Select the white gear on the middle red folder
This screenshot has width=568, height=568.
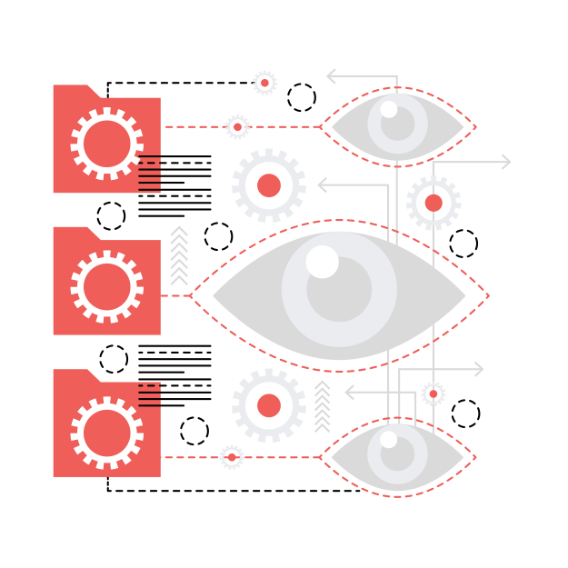tap(107, 286)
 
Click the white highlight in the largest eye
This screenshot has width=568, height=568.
tap(322, 262)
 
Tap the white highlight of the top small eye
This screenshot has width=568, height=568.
tap(389, 110)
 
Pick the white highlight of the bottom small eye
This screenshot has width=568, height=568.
tap(389, 440)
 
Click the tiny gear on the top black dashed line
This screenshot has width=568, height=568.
tap(264, 83)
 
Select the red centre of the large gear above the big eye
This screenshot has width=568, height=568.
tap(269, 185)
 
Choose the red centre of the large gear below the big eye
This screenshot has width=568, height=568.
tap(269, 405)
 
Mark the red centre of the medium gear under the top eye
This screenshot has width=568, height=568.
tap(433, 203)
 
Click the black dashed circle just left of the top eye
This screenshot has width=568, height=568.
tap(302, 97)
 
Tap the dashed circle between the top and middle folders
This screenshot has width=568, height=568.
tap(111, 216)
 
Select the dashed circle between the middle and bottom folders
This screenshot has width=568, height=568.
tap(114, 359)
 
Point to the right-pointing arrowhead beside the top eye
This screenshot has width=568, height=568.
tap(505, 162)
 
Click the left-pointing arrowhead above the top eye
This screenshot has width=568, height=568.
tap(333, 76)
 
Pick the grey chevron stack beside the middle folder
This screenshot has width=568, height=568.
tap(180, 256)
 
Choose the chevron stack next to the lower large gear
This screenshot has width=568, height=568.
tap(322, 406)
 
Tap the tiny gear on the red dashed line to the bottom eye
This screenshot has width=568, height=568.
tap(232, 457)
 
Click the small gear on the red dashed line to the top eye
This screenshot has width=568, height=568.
tap(237, 127)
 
